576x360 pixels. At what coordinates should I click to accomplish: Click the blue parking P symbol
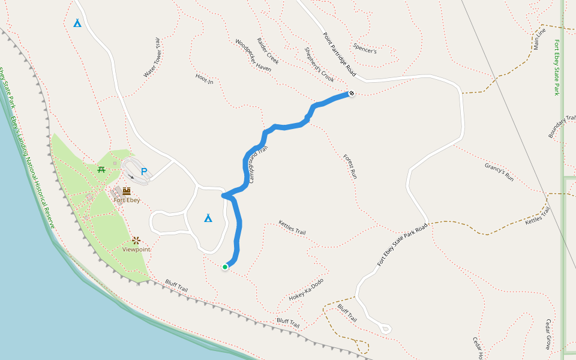click(144, 172)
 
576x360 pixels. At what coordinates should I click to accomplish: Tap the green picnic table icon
click(102, 170)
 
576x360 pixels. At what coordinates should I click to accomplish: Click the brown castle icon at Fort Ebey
click(127, 191)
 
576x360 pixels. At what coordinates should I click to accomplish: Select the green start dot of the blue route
click(225, 267)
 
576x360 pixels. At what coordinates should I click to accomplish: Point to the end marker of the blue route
click(351, 93)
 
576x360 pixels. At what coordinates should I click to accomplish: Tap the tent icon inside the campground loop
click(208, 218)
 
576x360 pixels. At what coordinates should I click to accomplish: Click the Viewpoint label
click(136, 249)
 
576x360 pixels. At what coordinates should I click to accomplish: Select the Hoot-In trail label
click(205, 79)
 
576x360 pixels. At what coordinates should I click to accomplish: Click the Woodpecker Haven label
click(253, 56)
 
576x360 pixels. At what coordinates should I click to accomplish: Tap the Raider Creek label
click(268, 51)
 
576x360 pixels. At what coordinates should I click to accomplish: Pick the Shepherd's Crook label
click(319, 65)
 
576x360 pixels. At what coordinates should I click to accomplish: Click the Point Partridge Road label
click(340, 55)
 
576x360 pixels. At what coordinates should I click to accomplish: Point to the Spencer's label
click(365, 48)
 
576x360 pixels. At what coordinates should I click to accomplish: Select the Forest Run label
click(350, 167)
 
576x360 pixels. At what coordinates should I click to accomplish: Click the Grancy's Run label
click(499, 172)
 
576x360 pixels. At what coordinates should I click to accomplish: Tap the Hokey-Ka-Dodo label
click(306, 289)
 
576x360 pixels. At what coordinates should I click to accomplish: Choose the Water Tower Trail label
click(153, 58)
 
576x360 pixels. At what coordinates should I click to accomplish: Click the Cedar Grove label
click(547, 334)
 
